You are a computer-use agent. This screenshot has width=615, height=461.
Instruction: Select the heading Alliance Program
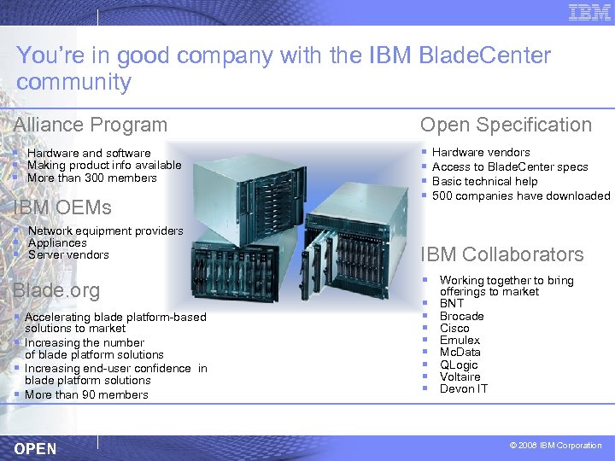(91, 125)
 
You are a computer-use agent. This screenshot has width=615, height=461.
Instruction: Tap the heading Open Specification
(506, 125)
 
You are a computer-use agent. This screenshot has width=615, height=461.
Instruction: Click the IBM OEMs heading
(62, 207)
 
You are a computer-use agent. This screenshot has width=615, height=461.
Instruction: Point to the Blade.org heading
(56, 290)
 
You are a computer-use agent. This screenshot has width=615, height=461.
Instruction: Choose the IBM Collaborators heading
(502, 254)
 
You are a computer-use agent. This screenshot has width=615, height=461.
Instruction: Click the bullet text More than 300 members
(91, 178)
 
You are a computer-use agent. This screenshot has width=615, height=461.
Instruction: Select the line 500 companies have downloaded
(521, 195)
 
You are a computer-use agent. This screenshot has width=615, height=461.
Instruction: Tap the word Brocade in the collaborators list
(461, 316)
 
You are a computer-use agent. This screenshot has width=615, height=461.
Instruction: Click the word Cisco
(454, 328)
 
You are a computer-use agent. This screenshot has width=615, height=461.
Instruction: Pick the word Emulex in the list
(460, 340)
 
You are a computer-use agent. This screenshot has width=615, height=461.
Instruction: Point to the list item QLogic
(460, 365)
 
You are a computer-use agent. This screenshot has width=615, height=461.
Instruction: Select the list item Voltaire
(460, 376)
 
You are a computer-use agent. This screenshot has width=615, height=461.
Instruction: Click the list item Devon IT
(463, 388)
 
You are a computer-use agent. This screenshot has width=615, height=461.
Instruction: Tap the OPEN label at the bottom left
(36, 449)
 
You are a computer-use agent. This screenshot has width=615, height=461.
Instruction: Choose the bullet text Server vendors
(68, 254)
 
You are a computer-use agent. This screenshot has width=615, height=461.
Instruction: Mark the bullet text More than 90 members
(86, 394)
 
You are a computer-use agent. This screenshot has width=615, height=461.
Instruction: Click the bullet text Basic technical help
(484, 181)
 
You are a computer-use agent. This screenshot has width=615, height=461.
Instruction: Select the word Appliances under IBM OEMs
(57, 242)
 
